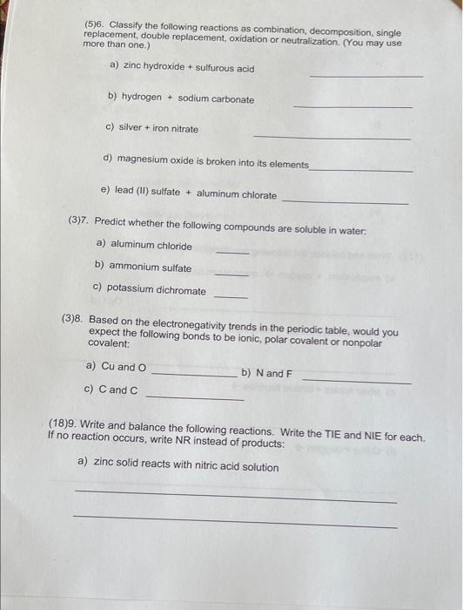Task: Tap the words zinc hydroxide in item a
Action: tap(150, 66)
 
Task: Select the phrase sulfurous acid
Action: tap(225, 68)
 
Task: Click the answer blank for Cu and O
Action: tap(193, 376)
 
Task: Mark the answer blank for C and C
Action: tap(195, 398)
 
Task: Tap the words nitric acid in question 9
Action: tap(199, 467)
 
